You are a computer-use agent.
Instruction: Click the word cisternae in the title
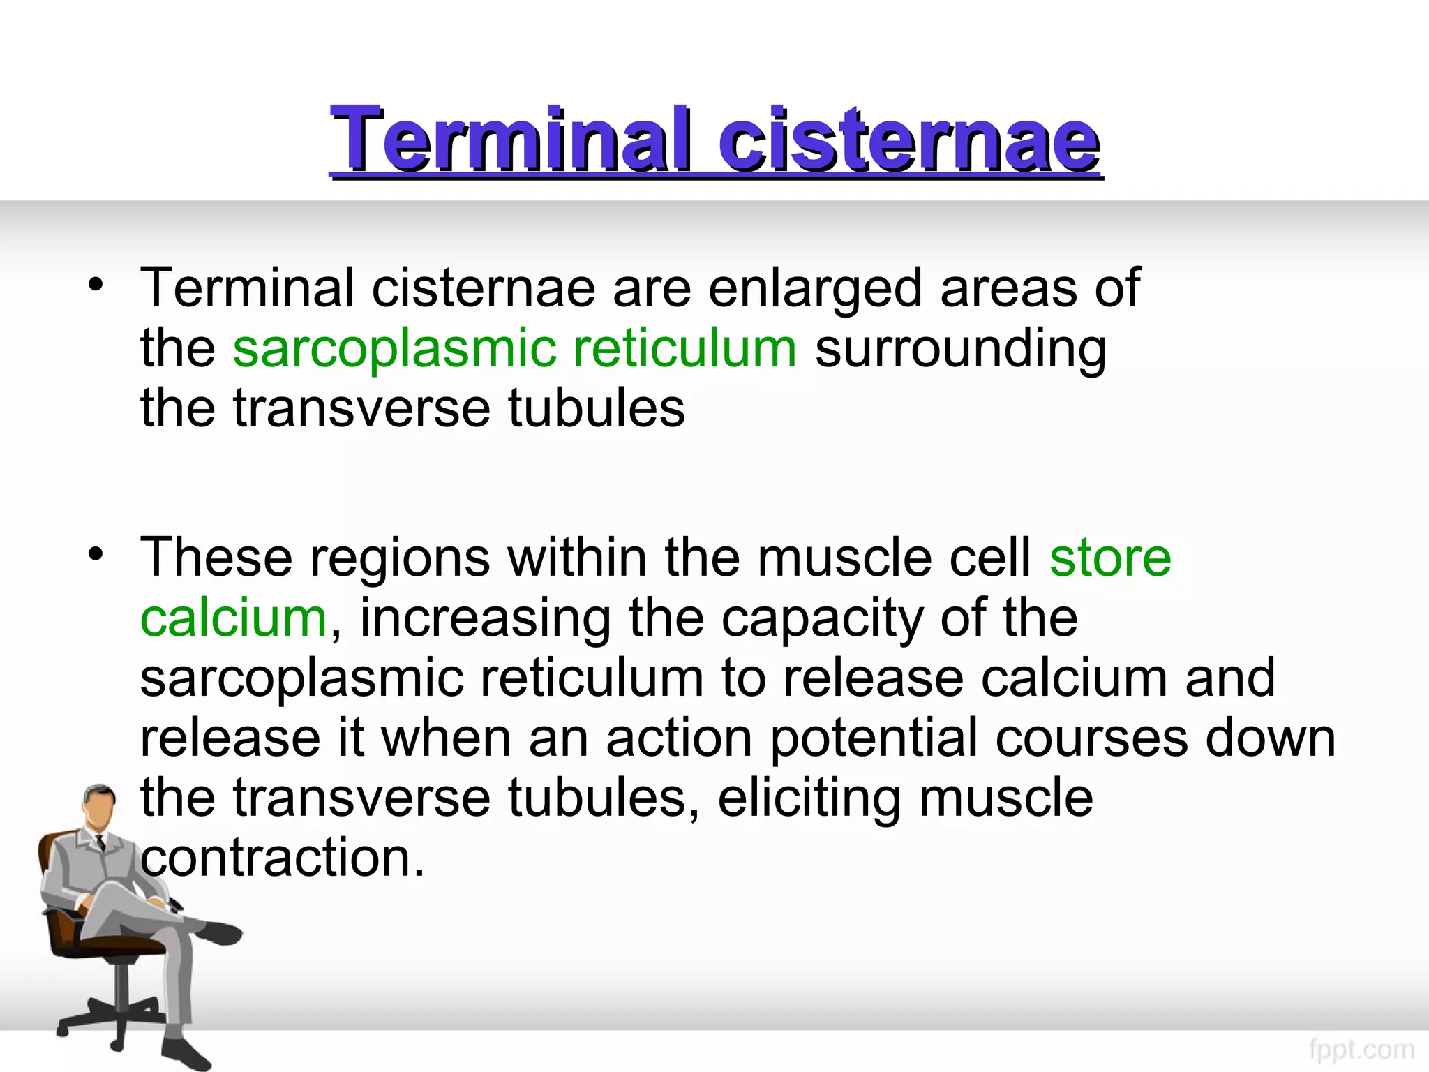tap(910, 140)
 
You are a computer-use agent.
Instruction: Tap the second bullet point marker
tap(96, 555)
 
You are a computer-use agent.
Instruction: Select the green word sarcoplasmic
tap(394, 349)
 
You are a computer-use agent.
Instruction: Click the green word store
tap(1110, 558)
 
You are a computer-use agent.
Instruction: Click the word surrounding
tap(960, 349)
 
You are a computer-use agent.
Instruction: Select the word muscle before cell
tap(844, 558)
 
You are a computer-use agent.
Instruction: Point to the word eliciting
tap(809, 798)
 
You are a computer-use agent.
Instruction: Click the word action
tap(679, 738)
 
